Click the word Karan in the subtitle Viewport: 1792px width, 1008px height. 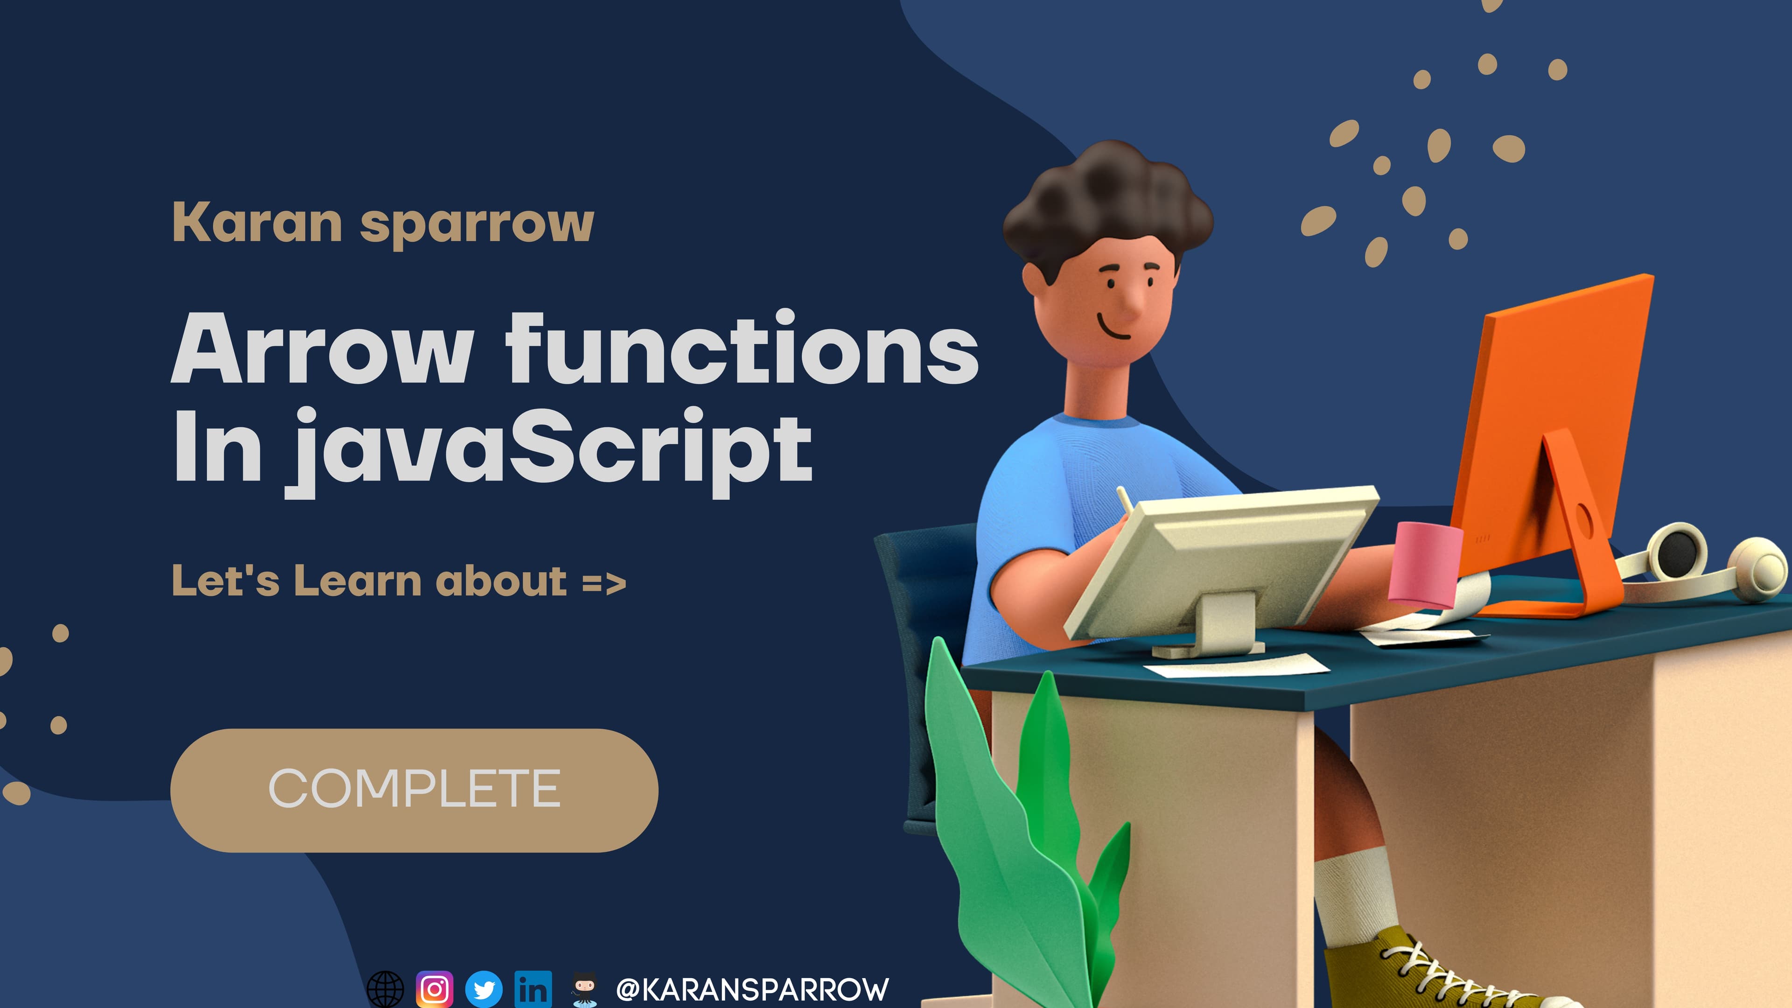click(257, 222)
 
